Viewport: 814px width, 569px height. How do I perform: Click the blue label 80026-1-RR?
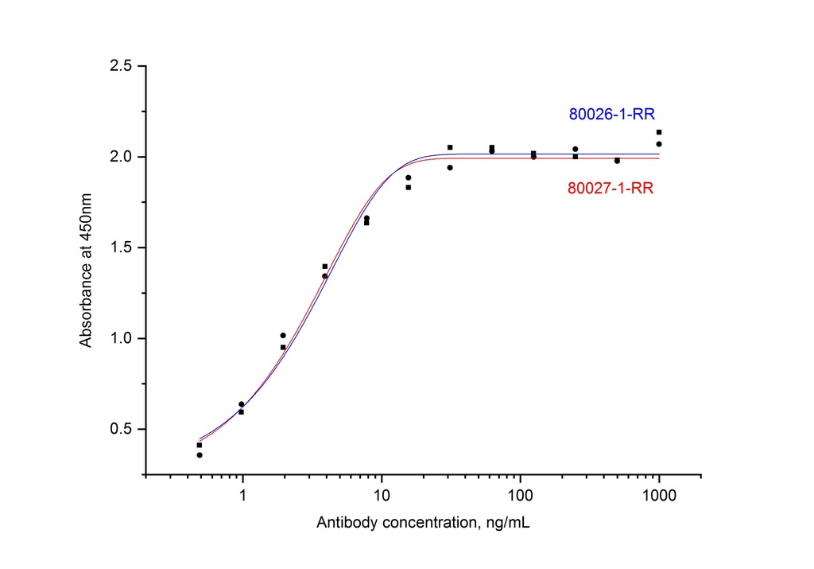pos(611,114)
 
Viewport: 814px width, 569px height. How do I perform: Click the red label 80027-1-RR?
pos(611,189)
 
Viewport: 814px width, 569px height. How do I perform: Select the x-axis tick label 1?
pos(242,495)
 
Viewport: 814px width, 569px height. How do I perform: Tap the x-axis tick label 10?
pos(382,495)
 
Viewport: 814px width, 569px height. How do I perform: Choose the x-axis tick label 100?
pos(520,495)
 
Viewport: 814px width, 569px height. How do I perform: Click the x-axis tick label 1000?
pos(659,495)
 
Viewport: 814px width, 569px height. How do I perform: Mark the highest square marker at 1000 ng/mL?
pos(659,132)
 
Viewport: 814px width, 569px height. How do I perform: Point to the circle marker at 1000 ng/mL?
pos(659,144)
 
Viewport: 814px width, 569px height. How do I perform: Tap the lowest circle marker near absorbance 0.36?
pos(200,455)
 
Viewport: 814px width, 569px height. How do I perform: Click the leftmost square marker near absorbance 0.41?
pos(200,445)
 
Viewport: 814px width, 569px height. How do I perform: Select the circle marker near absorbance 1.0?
pos(283,335)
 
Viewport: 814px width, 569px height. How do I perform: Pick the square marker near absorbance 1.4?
pos(325,266)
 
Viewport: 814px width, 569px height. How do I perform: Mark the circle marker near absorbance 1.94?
pos(450,168)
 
